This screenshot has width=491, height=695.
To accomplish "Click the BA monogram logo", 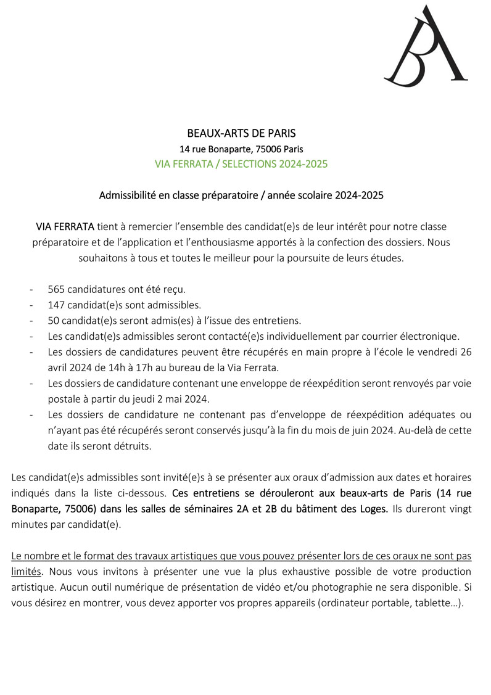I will pyautogui.click(x=426, y=46).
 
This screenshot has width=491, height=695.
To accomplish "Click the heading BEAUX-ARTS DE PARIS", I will pyautogui.click(x=241, y=133).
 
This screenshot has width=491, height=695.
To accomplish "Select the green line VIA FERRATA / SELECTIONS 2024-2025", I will pyautogui.click(x=241, y=164).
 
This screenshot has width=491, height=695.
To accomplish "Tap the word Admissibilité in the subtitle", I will pyautogui.click(x=127, y=195).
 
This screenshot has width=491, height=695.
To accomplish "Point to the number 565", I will pyautogui.click(x=56, y=289).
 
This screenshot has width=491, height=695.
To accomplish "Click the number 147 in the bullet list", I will pyautogui.click(x=56, y=305).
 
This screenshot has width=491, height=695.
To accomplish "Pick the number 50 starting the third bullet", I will pyautogui.click(x=53, y=320).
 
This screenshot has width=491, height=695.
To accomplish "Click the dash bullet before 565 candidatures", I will pyautogui.click(x=31, y=289).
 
